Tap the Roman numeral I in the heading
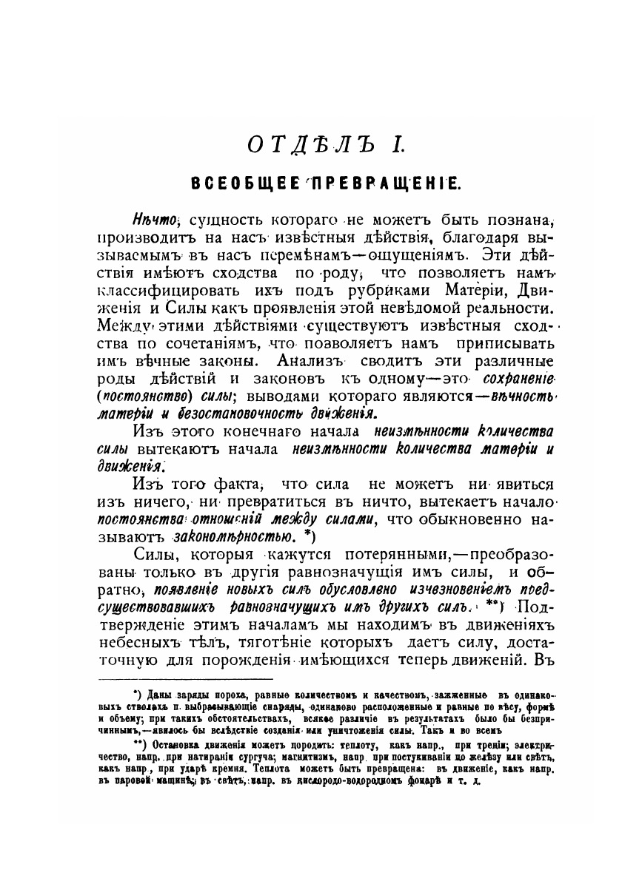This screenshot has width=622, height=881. tap(398, 144)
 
